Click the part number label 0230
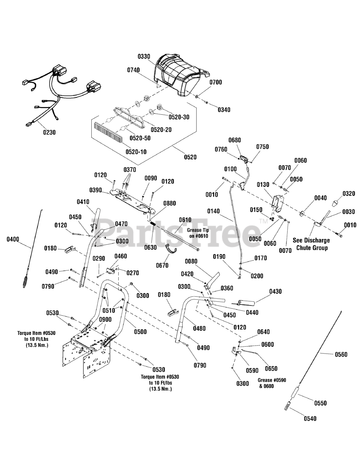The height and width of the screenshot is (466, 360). click(49, 133)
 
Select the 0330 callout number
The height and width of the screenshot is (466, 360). click(144, 57)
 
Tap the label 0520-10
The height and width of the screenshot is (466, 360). click(136, 152)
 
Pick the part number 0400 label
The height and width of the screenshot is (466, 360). click(13, 239)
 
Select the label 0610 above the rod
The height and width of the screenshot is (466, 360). click(185, 220)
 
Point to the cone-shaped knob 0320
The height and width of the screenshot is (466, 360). click(336, 203)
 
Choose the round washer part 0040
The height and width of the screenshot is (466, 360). click(302, 213)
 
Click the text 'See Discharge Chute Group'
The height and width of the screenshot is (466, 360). click(312, 244)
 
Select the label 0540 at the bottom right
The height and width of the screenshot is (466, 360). click(310, 418)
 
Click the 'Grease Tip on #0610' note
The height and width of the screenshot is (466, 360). click(198, 233)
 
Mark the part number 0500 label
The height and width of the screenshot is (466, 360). click(141, 332)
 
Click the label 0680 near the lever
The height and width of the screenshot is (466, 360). click(234, 140)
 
